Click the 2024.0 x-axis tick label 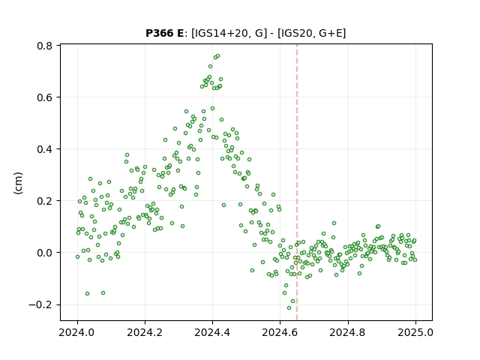77,332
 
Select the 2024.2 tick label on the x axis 145,332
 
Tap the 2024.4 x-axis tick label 212,332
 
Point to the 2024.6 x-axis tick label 280,332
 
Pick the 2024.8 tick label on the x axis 348,332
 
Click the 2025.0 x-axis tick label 415,332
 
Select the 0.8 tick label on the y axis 45,46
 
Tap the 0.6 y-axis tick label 45,97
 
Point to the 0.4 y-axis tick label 45,149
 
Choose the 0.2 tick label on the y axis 45,201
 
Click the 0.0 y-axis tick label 45,253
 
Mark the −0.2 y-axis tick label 40,305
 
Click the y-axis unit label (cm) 18,183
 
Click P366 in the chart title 159,33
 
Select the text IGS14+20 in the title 220,33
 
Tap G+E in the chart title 331,33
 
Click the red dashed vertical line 297,182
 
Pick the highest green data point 217,56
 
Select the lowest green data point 289,307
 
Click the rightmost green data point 415,260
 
